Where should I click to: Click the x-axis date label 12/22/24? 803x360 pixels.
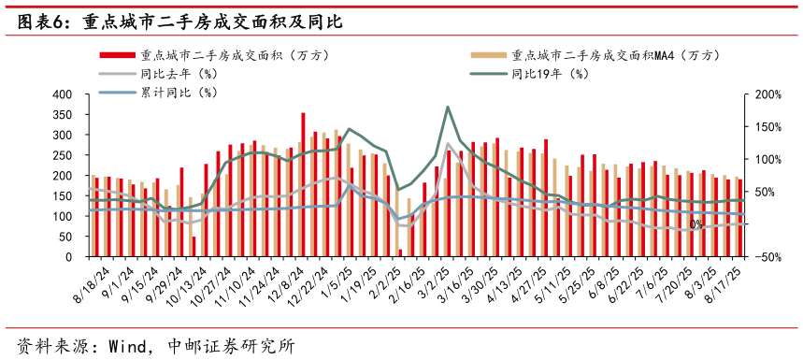[308, 284]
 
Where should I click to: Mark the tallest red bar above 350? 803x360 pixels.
[303, 185]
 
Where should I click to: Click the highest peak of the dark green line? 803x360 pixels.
[448, 107]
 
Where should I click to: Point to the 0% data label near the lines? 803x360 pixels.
[695, 224]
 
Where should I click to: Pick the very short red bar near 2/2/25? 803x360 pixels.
[399, 252]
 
